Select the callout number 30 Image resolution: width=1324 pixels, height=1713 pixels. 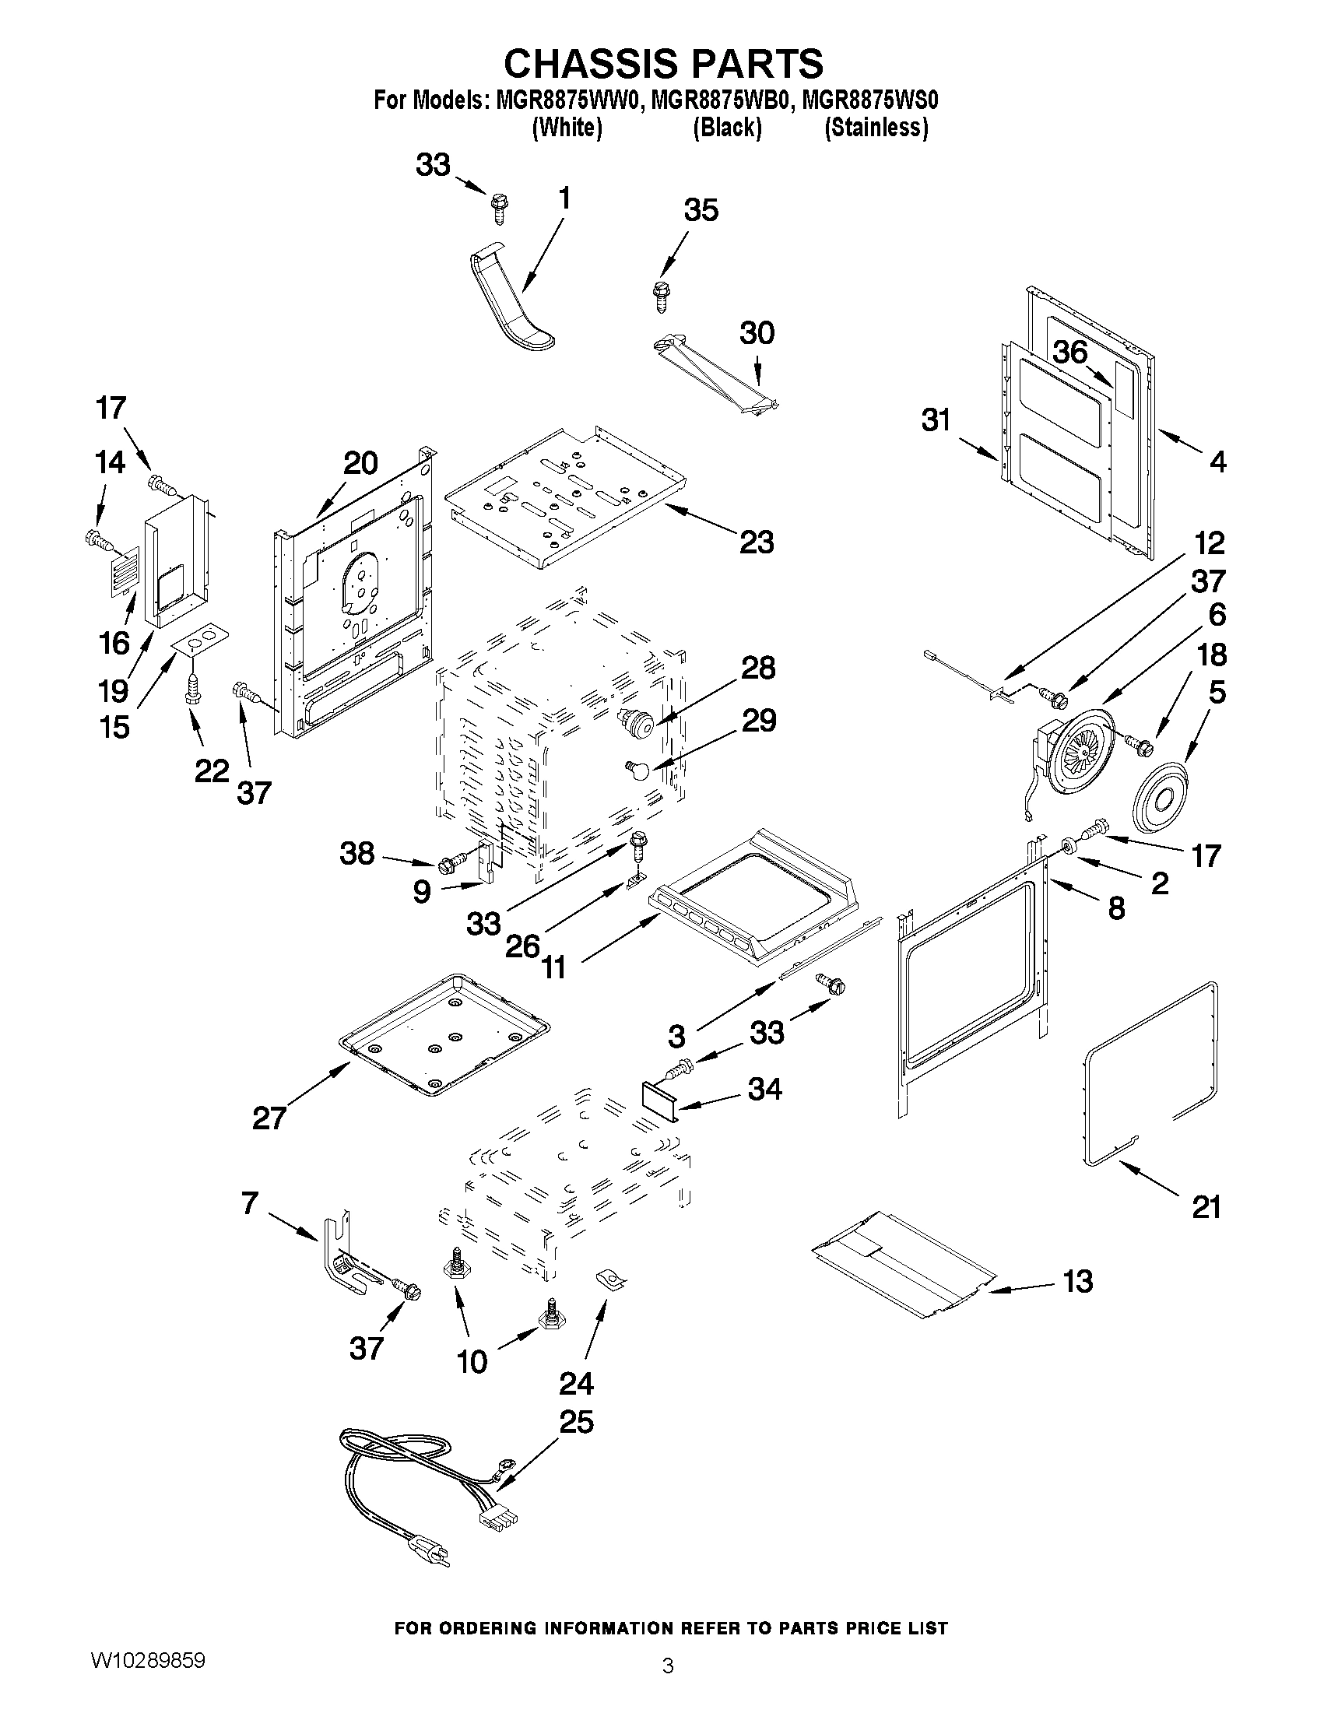coord(756,332)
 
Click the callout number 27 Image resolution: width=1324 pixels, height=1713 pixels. coord(269,1117)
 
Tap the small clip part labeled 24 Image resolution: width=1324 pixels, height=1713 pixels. coord(613,1280)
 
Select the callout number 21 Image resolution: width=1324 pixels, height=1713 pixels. coord(1206,1206)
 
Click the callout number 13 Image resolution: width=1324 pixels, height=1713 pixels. coord(1077,1281)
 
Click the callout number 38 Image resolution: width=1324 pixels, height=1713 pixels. coord(357,853)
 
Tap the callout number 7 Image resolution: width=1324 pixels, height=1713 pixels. coord(249,1202)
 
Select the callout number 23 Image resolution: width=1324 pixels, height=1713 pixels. coord(756,541)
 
